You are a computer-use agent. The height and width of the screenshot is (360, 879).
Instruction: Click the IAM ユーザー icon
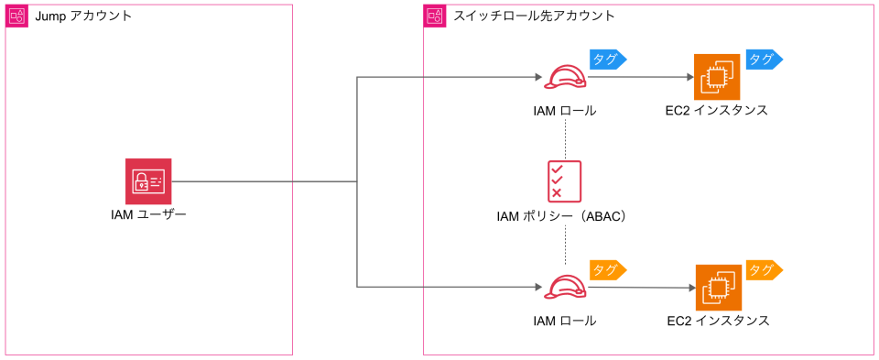click(x=148, y=181)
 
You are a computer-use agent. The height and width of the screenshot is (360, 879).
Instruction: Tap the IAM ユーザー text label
click(x=148, y=216)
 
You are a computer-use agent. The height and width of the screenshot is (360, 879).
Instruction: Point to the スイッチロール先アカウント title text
click(x=534, y=16)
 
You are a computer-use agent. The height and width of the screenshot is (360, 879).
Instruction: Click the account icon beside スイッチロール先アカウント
click(x=435, y=16)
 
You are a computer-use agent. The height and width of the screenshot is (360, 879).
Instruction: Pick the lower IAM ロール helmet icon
click(x=564, y=287)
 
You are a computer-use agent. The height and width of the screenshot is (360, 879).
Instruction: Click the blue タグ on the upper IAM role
click(x=607, y=59)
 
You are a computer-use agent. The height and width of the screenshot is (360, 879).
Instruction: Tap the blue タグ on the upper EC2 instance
click(x=764, y=59)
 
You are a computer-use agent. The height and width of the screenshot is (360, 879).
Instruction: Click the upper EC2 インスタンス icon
click(x=717, y=77)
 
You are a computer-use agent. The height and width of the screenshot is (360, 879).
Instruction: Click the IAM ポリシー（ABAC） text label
click(x=560, y=217)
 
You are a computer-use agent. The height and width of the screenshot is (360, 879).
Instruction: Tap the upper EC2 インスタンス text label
click(x=716, y=111)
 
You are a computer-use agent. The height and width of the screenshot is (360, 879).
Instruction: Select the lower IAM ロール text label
click(x=564, y=321)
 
